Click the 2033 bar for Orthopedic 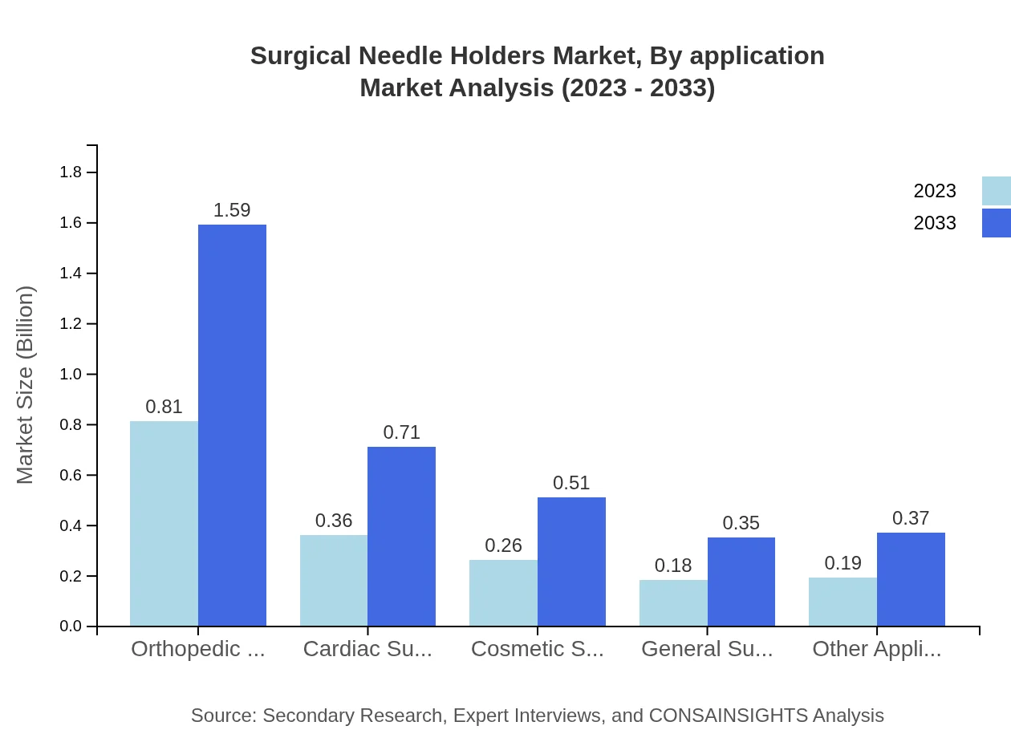click(x=232, y=425)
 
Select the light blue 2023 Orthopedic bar click(x=164, y=523)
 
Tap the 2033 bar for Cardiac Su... click(x=401, y=536)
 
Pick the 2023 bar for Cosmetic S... click(x=503, y=593)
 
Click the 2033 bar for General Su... click(x=741, y=582)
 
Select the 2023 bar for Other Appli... click(x=842, y=602)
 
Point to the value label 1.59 click(x=232, y=210)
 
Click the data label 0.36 click(x=334, y=521)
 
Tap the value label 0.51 click(x=571, y=483)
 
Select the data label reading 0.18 click(x=673, y=566)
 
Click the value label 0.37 click(x=911, y=518)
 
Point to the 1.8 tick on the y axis click(x=71, y=172)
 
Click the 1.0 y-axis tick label click(x=71, y=375)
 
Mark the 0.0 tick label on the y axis click(x=71, y=626)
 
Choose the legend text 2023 click(x=935, y=191)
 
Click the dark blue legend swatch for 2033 click(x=996, y=223)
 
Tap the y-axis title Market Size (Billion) click(x=26, y=385)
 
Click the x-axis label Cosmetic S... click(x=537, y=649)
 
